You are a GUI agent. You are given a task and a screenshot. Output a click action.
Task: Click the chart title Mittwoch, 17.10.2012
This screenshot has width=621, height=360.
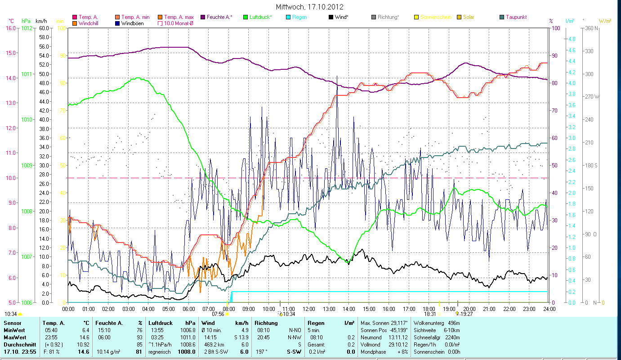click(x=310, y=7)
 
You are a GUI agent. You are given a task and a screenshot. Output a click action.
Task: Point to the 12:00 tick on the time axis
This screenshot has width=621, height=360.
click(x=308, y=309)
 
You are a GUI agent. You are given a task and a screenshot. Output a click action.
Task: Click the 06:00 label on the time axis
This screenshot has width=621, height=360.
click(x=188, y=309)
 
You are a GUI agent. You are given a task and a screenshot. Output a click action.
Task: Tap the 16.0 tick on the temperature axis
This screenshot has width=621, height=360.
click(x=10, y=28)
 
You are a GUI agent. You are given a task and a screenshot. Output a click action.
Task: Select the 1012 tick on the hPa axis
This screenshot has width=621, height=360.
click(x=27, y=28)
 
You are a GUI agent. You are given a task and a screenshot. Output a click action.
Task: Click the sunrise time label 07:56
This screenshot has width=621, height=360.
click(x=218, y=314)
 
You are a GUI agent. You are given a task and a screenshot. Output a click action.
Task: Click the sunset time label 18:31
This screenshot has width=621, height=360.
click(x=430, y=314)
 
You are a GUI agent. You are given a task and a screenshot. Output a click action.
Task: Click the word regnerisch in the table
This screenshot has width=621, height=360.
click(x=160, y=352)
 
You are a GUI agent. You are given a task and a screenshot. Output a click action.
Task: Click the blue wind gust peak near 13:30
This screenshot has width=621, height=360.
click(x=337, y=77)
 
